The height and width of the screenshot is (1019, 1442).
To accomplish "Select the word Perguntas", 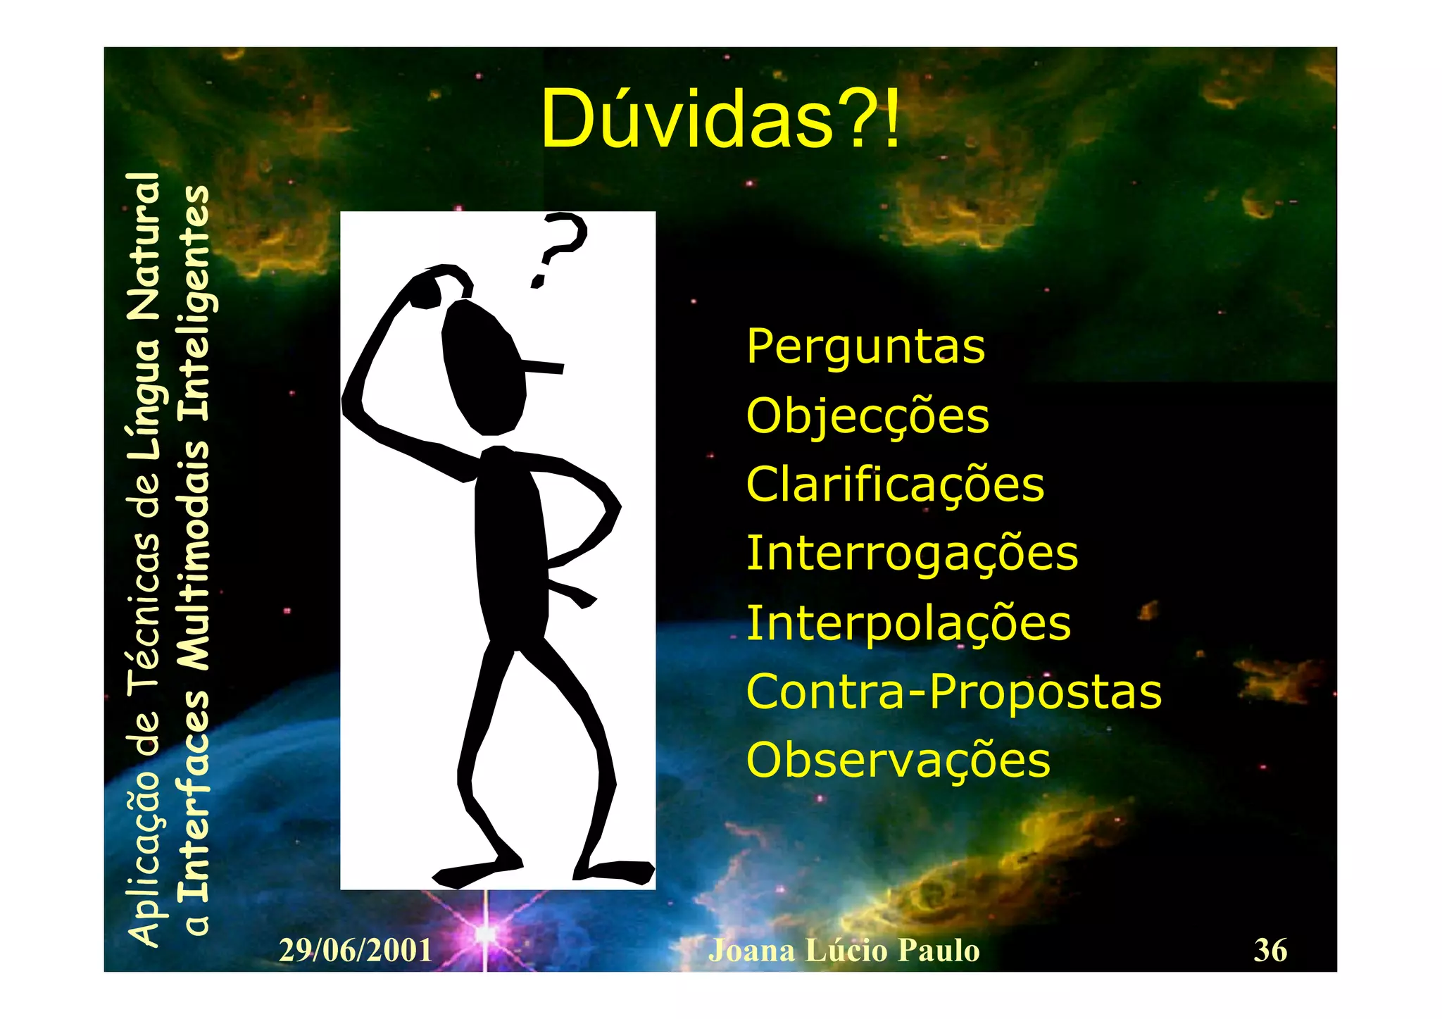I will [865, 347].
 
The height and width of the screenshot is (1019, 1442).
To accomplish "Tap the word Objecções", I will [867, 417].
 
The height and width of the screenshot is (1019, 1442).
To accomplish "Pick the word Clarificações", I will [895, 485].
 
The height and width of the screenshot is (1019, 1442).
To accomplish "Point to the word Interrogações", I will [912, 554].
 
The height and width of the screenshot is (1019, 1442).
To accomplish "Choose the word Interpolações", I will [908, 624].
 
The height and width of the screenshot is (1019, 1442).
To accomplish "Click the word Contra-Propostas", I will [953, 692].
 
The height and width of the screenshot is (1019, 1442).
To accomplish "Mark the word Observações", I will [898, 761].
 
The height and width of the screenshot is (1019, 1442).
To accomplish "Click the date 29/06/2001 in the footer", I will [356, 951].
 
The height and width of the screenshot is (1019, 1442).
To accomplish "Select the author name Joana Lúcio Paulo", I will [844, 951].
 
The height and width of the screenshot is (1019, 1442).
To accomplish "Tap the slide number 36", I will [1270, 951].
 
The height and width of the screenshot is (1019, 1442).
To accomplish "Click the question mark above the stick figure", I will [560, 246].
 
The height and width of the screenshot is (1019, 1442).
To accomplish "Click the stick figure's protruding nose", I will [544, 366].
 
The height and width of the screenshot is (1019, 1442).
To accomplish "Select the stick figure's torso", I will [510, 549].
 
